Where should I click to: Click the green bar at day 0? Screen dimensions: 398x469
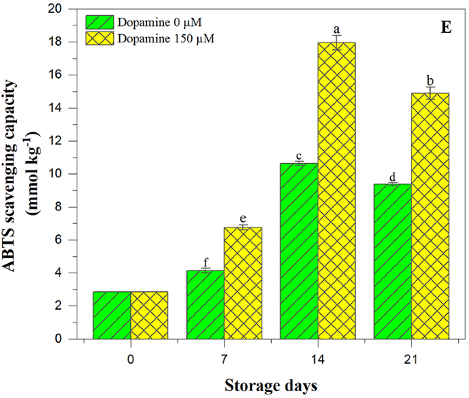(112, 315)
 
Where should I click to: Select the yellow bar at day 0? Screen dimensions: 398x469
(149, 315)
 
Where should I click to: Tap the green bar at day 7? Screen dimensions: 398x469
(205, 304)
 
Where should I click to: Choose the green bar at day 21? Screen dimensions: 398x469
(393, 261)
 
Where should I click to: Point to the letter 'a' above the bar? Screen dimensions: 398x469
(336, 30)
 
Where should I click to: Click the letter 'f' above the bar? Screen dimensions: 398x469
(205, 261)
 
